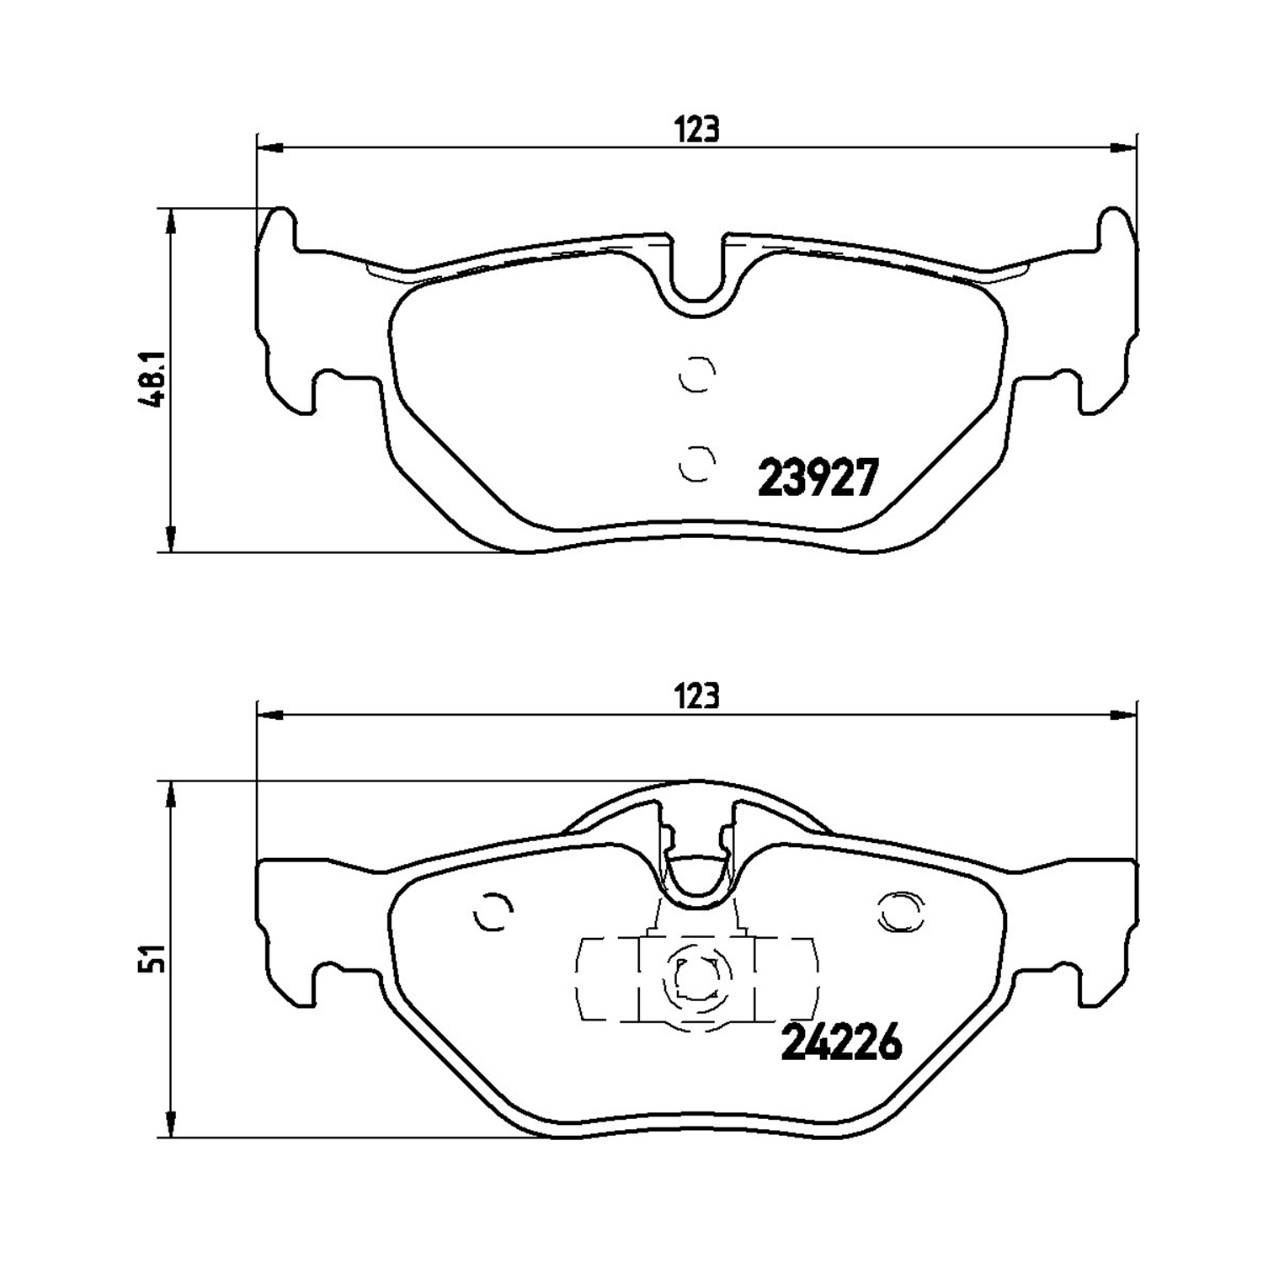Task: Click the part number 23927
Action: point(818,478)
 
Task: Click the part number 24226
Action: point(842,1044)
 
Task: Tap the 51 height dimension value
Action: point(153,959)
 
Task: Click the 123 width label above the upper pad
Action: point(697,131)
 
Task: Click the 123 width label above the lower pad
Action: point(697,697)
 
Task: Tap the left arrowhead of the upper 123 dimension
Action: point(268,149)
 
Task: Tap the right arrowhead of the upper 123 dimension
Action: point(1125,149)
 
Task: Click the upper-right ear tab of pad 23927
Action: point(1115,227)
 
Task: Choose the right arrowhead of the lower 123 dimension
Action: point(1125,716)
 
